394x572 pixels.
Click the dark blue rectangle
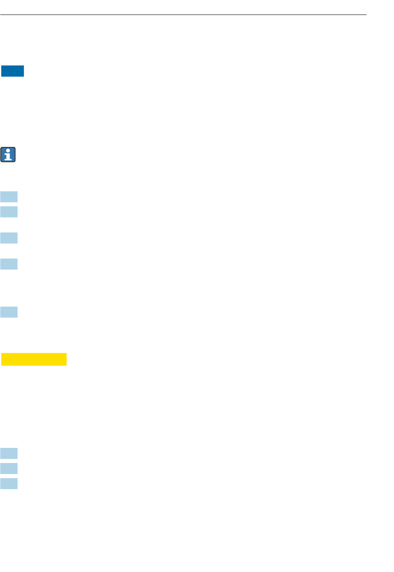12,71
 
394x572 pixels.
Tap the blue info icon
8,154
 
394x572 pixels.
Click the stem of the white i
8,156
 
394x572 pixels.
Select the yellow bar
34,359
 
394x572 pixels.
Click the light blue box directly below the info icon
9,196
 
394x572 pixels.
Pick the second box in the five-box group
9,212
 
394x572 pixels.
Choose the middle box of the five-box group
9,238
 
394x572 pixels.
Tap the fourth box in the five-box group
9,264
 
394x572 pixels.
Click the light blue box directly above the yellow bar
9,312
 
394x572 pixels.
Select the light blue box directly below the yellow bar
9,453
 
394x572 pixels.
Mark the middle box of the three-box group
9,468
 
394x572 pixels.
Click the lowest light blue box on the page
9,484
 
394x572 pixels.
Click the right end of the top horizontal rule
366,15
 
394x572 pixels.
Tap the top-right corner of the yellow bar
66,353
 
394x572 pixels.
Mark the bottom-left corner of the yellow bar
1,365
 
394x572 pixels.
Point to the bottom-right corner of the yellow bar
66,365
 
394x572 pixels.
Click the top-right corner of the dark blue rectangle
24,66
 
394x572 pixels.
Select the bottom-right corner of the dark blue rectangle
24,76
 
